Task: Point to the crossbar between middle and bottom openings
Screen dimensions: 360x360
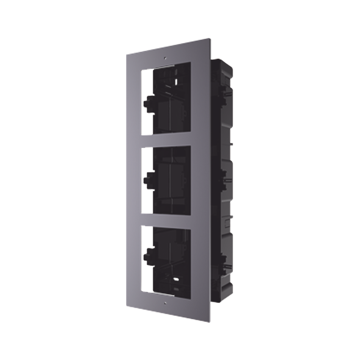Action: click(168, 220)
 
